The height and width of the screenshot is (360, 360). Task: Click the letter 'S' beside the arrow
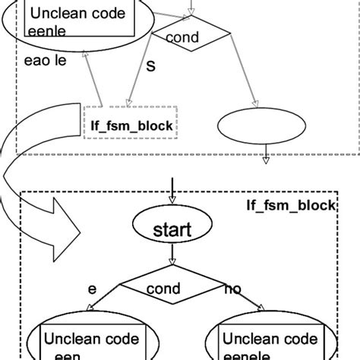(x=150, y=67)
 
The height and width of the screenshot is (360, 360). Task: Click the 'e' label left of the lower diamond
(x=93, y=289)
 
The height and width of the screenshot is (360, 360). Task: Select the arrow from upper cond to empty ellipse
(x=232, y=76)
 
